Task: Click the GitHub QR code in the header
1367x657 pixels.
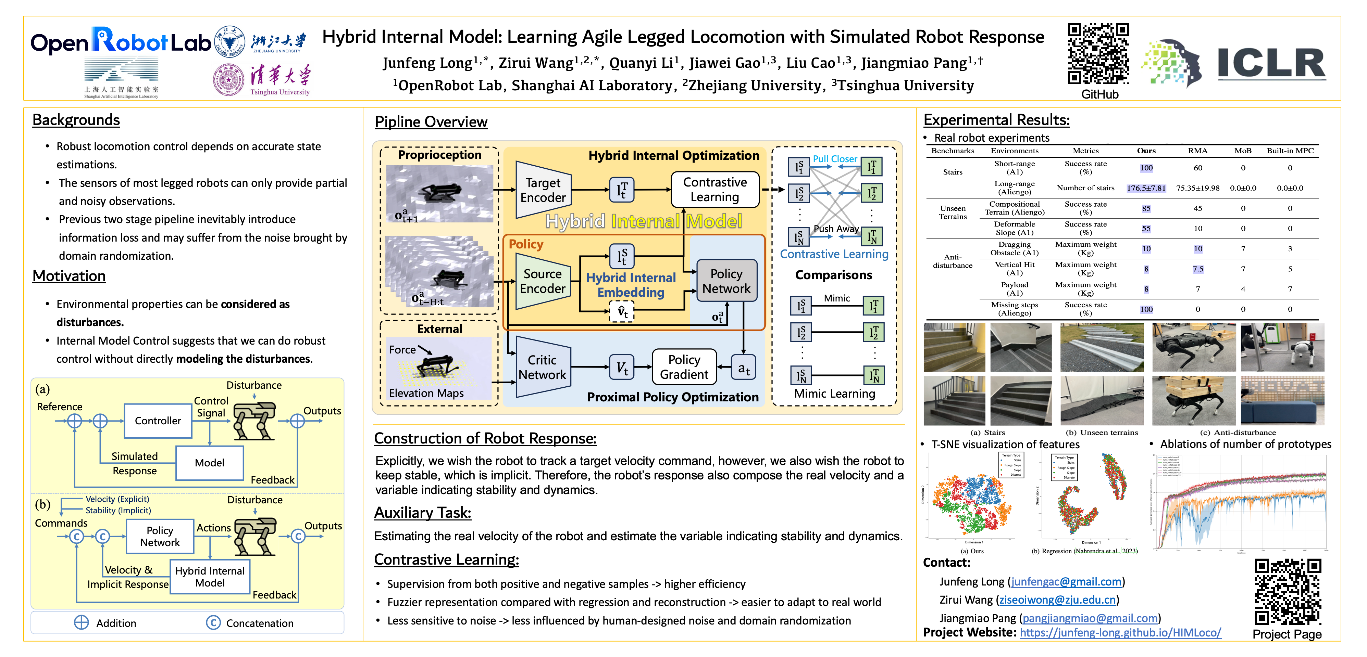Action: [1098, 54]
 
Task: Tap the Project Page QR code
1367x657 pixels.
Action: [1288, 592]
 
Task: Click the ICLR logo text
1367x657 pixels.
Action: [1271, 64]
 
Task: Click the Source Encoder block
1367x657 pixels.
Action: [542, 281]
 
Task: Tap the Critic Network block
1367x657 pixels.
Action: [542, 367]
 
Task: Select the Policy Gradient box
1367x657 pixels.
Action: [684, 367]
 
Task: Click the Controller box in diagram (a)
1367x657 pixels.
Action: [158, 421]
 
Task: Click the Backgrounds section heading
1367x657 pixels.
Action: [76, 120]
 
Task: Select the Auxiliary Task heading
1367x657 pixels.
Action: [422, 513]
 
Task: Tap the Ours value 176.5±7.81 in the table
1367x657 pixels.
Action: [1146, 188]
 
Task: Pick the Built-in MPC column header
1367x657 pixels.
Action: [1290, 151]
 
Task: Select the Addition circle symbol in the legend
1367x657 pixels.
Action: [81, 622]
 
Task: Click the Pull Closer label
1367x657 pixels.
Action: [834, 158]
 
